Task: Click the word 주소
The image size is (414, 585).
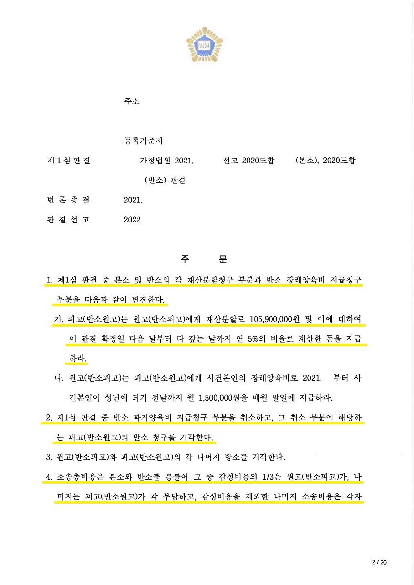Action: [132, 102]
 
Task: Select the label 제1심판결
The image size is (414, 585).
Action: [68, 161]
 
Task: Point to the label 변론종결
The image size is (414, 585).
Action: [68, 200]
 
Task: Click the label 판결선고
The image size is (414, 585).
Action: [68, 220]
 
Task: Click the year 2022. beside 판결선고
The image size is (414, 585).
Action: [133, 220]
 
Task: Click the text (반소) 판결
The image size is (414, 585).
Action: [165, 181]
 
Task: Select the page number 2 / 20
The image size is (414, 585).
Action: [379, 563]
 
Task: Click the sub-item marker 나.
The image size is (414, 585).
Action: [59, 378]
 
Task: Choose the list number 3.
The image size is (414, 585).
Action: [49, 457]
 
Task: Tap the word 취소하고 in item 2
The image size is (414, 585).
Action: [253, 418]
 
